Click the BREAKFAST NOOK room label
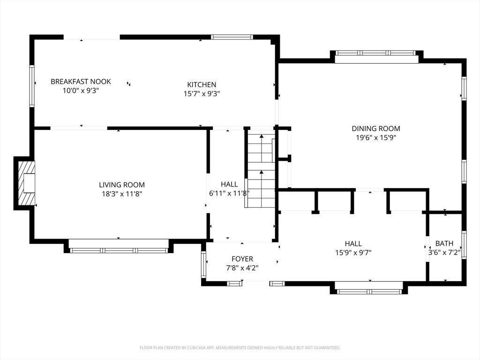coord(81,82)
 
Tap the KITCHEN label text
coord(202,85)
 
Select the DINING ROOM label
coord(376,128)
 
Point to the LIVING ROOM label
coord(121,185)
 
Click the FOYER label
coord(242,259)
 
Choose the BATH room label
coord(444,243)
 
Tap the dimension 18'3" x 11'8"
coord(121,194)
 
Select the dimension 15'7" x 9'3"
coord(202,93)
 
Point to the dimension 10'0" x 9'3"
coord(81,90)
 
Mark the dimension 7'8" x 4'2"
coord(242,268)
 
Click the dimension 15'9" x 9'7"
coord(353,252)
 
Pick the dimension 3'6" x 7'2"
coord(444,252)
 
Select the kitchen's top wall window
coord(232,37)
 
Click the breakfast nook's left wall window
coord(32,86)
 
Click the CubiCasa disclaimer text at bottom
coord(240,348)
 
